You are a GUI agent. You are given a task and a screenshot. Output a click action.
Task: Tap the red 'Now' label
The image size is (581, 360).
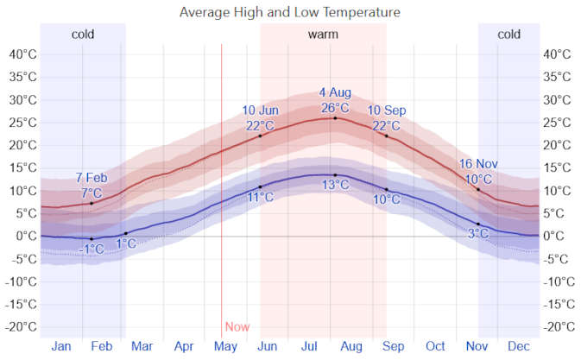tap(237, 327)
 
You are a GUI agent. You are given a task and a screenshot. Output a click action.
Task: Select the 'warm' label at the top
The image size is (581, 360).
tap(323, 35)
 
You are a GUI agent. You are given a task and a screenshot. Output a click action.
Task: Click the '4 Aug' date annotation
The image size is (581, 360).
tap(335, 92)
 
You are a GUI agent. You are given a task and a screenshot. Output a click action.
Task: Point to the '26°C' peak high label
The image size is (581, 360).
tap(335, 108)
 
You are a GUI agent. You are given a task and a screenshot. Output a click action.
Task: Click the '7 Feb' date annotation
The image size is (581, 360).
tap(92, 178)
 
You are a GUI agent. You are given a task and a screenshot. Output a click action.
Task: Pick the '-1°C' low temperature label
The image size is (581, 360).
tap(92, 249)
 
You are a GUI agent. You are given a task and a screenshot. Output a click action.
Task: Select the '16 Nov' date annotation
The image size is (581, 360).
tap(477, 164)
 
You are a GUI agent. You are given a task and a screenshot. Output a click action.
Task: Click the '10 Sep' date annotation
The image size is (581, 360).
tap(387, 111)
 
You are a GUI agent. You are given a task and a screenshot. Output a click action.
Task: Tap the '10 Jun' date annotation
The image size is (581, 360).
tap(260, 111)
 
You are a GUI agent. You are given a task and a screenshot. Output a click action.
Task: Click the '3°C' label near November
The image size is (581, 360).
tap(477, 234)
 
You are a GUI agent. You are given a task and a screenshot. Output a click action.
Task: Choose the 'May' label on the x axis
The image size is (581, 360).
tap(225, 346)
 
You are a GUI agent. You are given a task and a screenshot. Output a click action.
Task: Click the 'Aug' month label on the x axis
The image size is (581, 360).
tap(350, 346)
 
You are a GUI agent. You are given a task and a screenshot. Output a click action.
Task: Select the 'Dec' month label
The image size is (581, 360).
tap(519, 346)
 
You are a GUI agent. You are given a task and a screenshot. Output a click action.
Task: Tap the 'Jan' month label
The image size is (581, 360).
tap(61, 346)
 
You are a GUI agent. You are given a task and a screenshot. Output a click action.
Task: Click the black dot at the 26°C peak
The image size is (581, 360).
tap(335, 117)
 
